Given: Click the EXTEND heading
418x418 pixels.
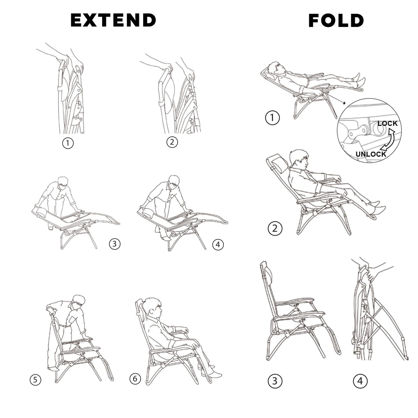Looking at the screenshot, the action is point(113,20).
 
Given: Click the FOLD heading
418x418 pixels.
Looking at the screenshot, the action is point(336,21).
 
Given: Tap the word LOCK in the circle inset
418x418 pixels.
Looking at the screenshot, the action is point(387,123).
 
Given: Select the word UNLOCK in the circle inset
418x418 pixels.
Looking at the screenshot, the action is point(371,154).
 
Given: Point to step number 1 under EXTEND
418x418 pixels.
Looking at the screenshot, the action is point(68,143).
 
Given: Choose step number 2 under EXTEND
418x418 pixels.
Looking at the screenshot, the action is point(172,142).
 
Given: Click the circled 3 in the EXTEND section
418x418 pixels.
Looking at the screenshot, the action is point(115,244).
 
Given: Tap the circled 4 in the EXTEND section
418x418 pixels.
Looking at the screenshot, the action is point(218,245).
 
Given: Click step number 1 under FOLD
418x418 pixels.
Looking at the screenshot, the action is point(272,118).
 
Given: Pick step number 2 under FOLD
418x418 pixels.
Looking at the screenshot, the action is point(275,229).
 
